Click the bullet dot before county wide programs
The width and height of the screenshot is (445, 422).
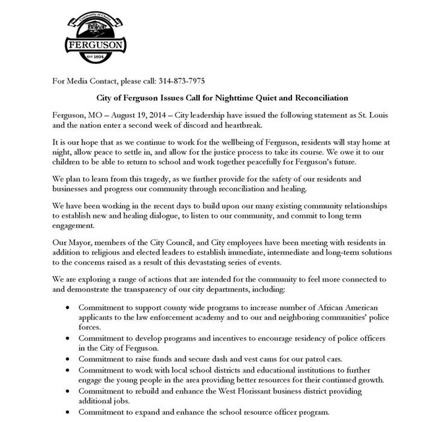tap(70, 308)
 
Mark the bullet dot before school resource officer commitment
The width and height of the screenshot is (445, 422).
tap(70, 413)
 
